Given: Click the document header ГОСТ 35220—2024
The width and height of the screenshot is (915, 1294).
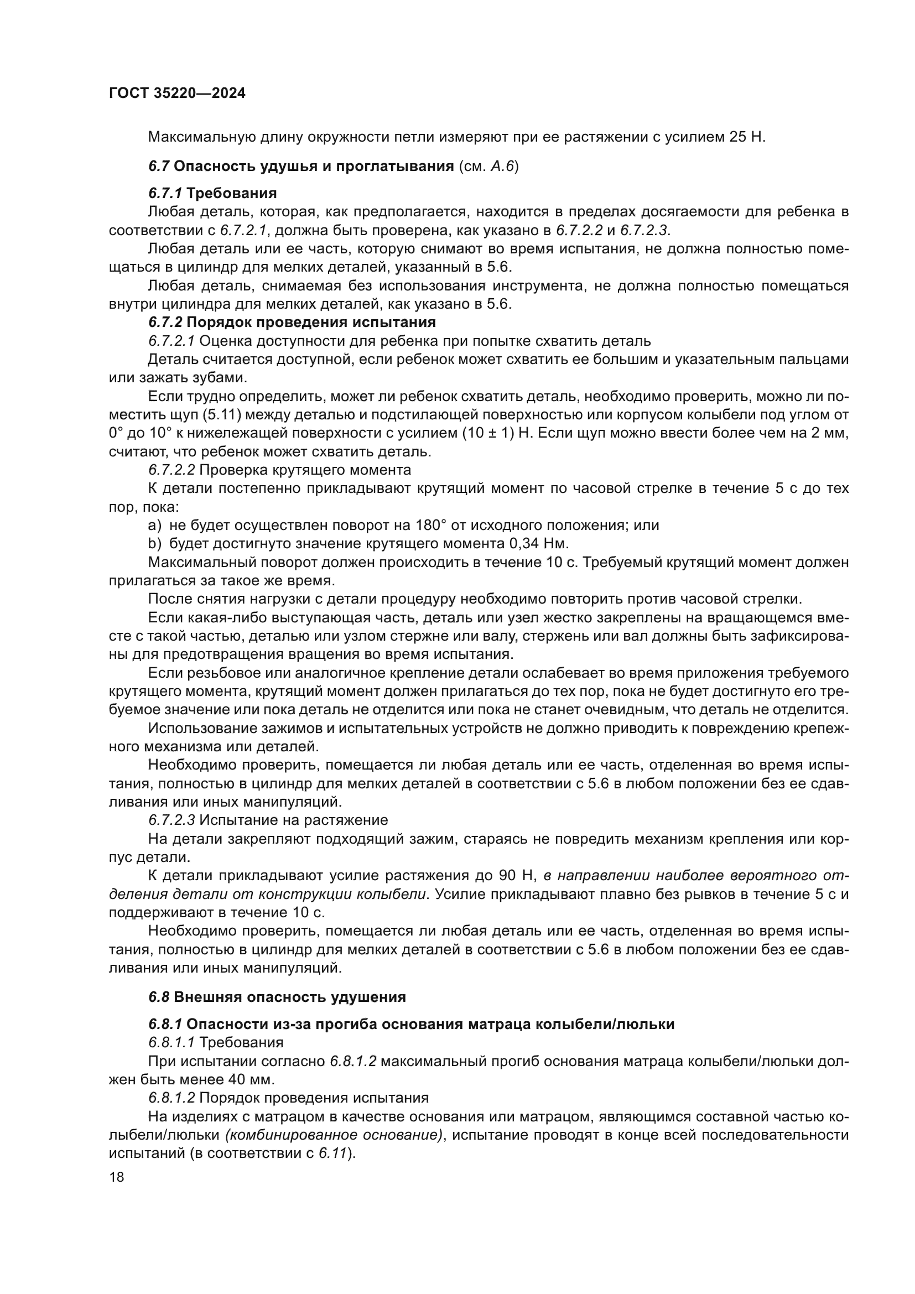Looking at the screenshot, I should [177, 93].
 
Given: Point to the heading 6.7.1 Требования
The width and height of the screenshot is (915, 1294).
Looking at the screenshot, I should [212, 193].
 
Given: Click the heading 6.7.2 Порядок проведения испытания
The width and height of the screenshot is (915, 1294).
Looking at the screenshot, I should [292, 323].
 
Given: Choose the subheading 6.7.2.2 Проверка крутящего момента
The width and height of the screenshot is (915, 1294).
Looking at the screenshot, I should [279, 470].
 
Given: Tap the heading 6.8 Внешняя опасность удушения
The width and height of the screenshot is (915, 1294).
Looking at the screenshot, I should [277, 997].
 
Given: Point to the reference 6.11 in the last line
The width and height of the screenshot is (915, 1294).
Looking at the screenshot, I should [331, 1153].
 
